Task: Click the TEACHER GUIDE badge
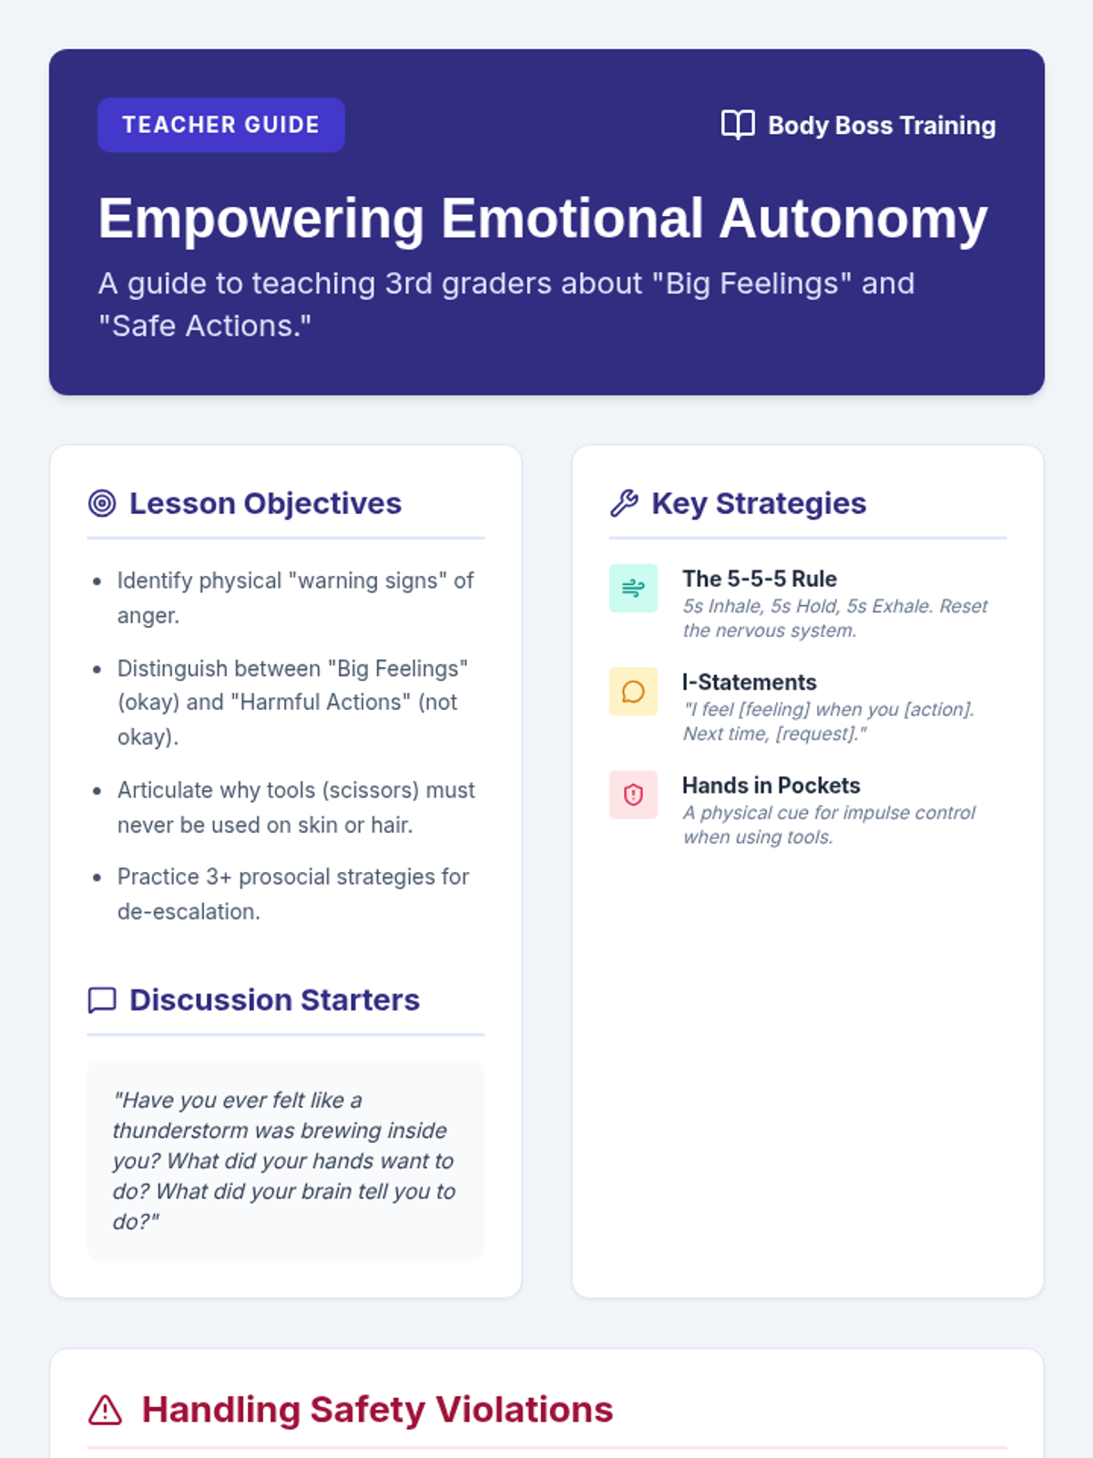coord(221,125)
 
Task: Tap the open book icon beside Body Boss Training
coord(738,125)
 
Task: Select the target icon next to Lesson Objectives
coord(102,503)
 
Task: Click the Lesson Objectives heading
coord(265,503)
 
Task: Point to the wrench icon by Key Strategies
coord(624,503)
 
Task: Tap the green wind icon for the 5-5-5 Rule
coord(633,588)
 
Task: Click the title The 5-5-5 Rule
coord(760,579)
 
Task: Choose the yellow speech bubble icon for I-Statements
coord(633,692)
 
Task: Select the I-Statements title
coord(749,682)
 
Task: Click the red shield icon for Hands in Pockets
coord(633,795)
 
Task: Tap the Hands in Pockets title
coord(771,785)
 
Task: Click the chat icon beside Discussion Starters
coord(102,1000)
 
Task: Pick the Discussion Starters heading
coord(274,1000)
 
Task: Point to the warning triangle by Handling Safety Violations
coord(106,1410)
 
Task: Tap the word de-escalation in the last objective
coord(188,911)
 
